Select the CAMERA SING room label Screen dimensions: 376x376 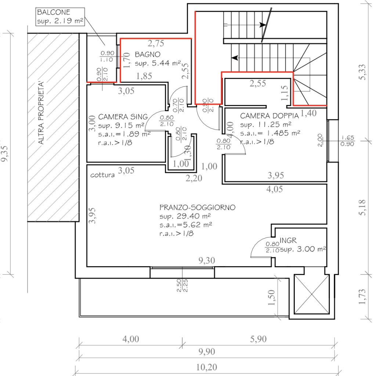click(118, 117)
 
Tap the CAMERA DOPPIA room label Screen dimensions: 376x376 click(266, 116)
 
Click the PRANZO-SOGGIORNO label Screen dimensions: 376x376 click(198, 207)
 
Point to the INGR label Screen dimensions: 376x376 click(288, 241)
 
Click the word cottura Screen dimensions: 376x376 click(102, 175)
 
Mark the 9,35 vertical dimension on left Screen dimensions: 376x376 click(5, 153)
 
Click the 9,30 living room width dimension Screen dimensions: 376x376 click(206, 261)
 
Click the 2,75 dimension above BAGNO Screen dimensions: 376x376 click(156, 44)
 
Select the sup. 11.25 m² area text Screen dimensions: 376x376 click(266, 124)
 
